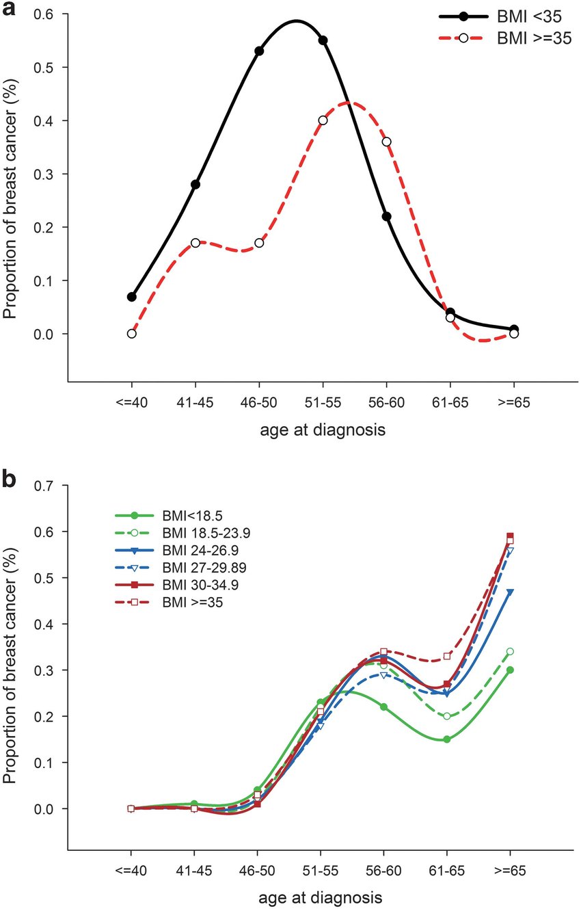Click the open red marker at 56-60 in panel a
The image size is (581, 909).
(387, 142)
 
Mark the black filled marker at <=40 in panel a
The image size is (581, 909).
(131, 297)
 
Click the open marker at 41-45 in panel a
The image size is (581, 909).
(195, 243)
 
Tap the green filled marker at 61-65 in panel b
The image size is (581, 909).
(446, 739)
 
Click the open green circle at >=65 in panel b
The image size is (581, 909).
(510, 651)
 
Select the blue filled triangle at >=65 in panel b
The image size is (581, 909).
(510, 592)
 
